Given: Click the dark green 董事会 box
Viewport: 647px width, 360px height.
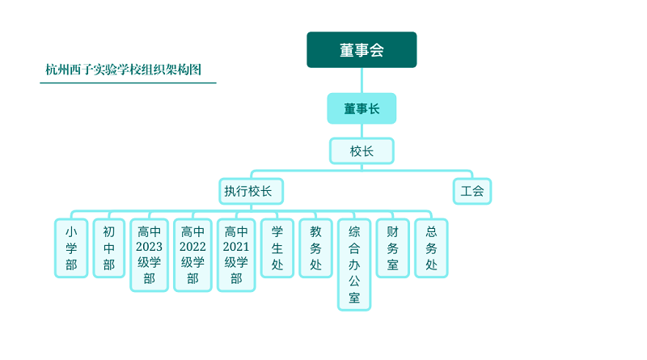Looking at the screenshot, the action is point(362,49).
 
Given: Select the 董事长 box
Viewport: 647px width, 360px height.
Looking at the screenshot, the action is point(362,108).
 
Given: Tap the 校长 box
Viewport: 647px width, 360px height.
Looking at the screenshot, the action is point(362,151).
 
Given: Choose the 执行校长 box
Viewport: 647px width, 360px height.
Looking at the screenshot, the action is point(251,191).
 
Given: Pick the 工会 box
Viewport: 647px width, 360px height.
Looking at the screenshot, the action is point(472,191).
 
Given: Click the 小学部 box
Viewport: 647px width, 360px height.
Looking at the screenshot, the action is point(71,248).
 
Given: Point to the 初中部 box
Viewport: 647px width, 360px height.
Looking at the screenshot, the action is point(109,248).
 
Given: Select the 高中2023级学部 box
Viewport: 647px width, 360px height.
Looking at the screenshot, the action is point(150,255).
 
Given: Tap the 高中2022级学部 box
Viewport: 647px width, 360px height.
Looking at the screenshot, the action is point(192,255).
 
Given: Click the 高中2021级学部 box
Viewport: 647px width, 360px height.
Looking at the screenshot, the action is point(236,255).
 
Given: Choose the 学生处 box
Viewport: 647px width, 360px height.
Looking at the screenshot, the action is point(277,248).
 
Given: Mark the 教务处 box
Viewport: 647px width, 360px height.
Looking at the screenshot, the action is point(315,248).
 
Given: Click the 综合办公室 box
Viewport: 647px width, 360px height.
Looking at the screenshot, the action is point(354,265).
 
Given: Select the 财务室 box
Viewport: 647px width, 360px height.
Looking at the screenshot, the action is point(393,248).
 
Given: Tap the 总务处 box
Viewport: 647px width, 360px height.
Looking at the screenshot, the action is point(431,248).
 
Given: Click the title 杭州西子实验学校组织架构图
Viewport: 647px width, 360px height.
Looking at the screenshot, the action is point(124,70).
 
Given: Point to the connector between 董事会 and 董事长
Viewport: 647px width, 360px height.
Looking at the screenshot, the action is point(362,81).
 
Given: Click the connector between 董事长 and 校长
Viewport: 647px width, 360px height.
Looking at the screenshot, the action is point(362,131).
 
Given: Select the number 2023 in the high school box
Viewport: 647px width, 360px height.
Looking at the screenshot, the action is point(149,247).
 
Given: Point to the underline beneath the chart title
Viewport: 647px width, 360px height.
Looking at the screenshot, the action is point(128,83).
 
